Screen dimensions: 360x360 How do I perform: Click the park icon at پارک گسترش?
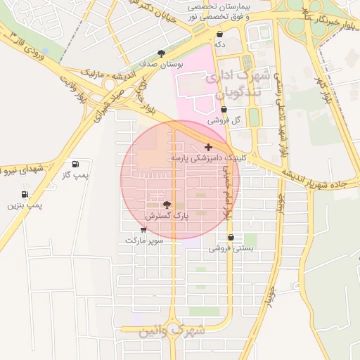(167, 205)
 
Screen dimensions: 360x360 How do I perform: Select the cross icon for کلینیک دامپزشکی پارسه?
(208, 147)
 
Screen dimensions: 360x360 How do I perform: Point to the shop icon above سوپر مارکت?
(144, 229)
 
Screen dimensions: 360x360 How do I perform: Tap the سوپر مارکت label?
(144, 240)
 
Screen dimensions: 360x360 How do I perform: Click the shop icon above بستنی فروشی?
(231, 238)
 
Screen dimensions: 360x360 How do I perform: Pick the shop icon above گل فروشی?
(224, 110)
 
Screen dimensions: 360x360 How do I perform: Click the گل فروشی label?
(224, 120)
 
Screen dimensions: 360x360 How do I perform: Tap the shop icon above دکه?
(219, 34)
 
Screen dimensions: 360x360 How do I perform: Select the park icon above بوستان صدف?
(161, 53)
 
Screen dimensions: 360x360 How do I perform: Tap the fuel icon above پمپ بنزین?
(25, 194)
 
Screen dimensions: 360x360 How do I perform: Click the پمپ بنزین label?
(25, 205)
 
